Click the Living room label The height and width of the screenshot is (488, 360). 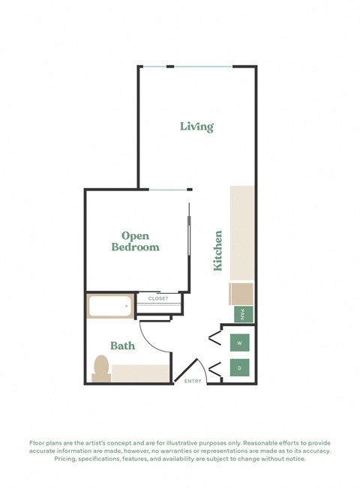(196, 127)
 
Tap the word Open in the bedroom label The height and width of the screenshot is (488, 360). (135, 235)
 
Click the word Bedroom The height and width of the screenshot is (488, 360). (135, 247)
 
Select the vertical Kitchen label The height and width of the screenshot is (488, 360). (218, 250)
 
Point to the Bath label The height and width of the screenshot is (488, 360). (122, 346)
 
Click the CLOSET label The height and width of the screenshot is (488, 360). (158, 298)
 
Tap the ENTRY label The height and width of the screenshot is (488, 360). (193, 382)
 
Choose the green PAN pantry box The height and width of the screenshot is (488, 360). (243, 315)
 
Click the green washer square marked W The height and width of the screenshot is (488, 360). (239, 343)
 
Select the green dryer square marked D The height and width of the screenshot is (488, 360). (239, 368)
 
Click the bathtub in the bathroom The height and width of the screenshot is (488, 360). (110, 307)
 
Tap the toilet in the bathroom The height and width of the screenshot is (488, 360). (101, 369)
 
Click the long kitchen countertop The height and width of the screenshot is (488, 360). (242, 232)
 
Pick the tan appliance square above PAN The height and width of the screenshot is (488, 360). (242, 293)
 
